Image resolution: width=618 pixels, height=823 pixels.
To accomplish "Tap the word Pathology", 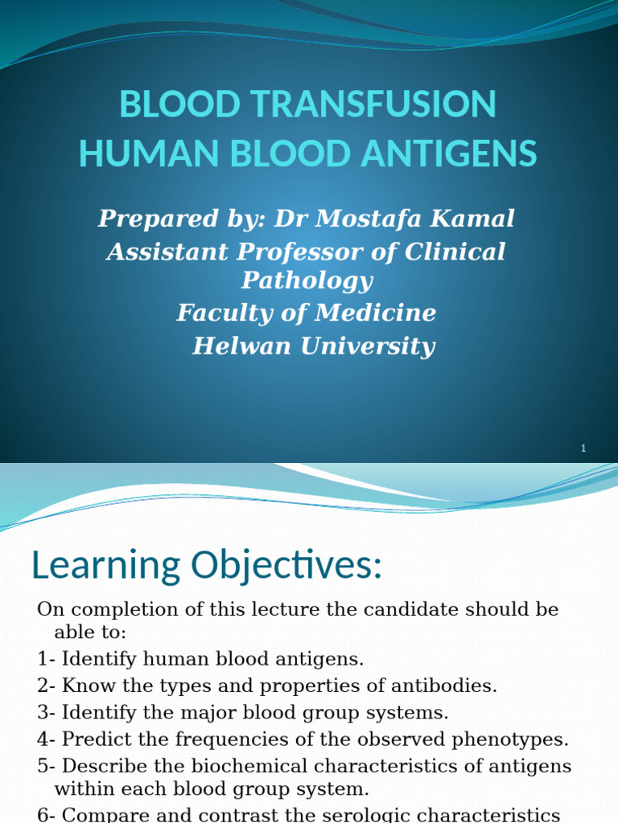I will coord(307,280).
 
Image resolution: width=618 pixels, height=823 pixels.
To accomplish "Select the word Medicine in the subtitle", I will coord(376,313).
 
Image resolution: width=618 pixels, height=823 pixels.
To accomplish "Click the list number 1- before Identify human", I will coord(46,660).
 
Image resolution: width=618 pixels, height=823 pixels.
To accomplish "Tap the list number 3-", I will coord(46,712).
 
